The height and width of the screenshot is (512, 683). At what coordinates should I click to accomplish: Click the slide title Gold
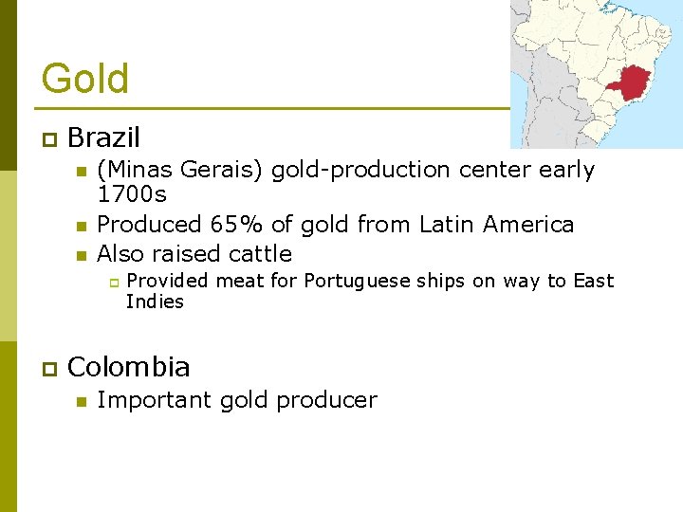coord(85,78)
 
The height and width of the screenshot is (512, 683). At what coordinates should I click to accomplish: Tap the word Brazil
coord(103,138)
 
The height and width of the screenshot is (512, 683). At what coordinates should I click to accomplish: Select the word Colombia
coord(129,367)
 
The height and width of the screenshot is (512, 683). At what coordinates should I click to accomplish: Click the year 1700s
coord(132,195)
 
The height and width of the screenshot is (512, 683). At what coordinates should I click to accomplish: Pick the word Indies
coord(155,302)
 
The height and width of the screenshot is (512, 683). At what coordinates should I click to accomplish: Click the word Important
coord(155,400)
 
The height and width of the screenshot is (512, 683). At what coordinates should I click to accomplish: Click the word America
coord(527,225)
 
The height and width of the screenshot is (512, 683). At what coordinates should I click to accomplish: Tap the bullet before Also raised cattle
coord(81,255)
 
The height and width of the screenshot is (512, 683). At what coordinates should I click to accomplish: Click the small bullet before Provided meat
coord(111,283)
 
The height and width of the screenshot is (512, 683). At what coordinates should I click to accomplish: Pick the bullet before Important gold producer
coord(81,401)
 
